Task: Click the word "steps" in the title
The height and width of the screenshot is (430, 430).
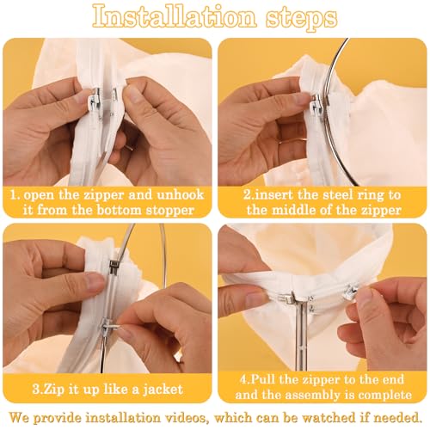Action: (x=301, y=18)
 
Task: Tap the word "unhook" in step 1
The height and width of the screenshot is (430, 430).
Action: (x=181, y=194)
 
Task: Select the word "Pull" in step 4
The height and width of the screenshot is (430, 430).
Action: (x=263, y=379)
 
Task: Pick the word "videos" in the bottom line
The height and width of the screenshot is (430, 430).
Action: (x=182, y=417)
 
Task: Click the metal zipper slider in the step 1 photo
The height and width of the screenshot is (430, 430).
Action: (x=95, y=101)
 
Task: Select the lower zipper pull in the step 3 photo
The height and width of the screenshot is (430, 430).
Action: (x=111, y=328)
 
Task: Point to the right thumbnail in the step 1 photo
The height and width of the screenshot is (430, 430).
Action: (x=133, y=94)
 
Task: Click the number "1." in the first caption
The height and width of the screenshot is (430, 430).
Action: (x=15, y=195)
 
